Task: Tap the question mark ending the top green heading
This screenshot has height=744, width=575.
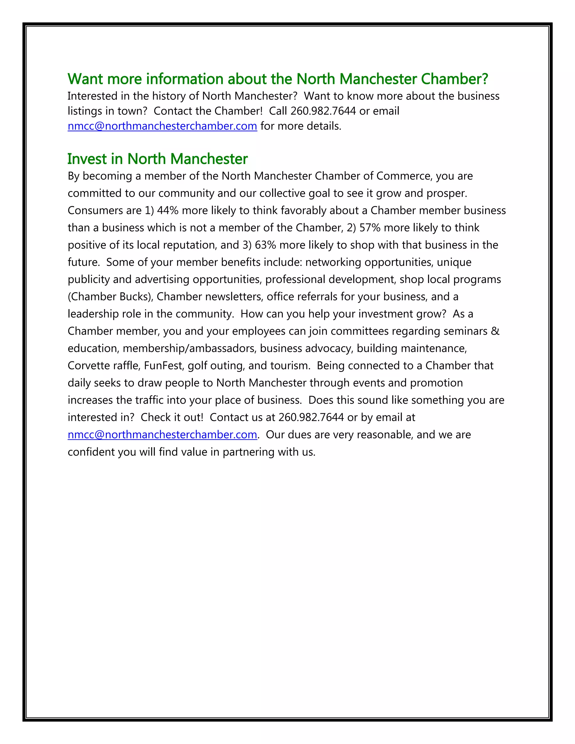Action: click(485, 79)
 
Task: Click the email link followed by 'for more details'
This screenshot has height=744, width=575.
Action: click(162, 126)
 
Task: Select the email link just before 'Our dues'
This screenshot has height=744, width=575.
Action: click(162, 435)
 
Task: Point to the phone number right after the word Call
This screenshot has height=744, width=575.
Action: click(323, 111)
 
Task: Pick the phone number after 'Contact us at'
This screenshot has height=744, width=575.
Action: click(311, 417)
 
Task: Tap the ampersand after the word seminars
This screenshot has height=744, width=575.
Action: click(495, 331)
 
